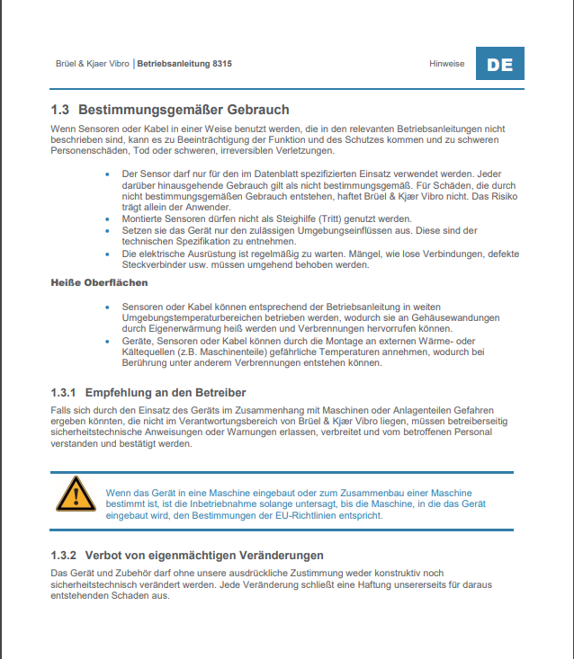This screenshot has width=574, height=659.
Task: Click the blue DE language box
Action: point(499,65)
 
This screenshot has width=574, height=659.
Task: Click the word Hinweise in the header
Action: point(447,65)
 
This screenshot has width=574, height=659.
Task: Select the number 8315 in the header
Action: point(222,65)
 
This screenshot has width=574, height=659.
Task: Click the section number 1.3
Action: point(61,110)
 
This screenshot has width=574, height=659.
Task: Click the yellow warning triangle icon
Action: point(76,496)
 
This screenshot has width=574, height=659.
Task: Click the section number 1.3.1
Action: point(66,393)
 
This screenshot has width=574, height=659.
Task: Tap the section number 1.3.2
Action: point(66,555)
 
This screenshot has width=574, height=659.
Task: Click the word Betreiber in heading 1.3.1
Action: point(218,393)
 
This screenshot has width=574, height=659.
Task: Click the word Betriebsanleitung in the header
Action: point(174,65)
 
